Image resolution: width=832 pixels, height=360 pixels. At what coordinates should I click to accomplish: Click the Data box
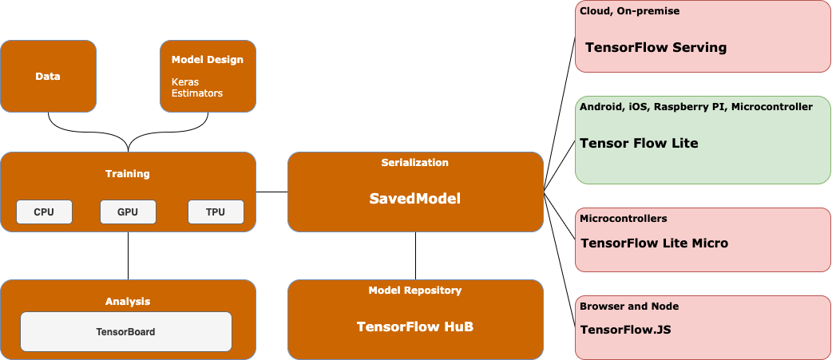coord(48,77)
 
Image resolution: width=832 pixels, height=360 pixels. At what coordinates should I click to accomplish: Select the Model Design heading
coord(207,59)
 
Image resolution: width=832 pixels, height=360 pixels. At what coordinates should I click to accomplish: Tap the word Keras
coord(185,81)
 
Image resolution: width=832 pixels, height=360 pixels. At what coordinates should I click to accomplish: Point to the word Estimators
coord(197,93)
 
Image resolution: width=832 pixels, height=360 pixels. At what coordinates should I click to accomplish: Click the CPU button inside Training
coord(44,212)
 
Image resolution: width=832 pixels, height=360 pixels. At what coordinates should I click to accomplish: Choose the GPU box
coord(128,212)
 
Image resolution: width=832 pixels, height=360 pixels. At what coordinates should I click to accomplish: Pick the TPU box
coord(216,212)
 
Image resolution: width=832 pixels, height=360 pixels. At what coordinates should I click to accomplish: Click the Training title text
coord(128,173)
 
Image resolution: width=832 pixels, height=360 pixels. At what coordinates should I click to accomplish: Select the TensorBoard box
coord(125,331)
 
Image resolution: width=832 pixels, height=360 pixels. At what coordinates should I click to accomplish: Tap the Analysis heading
coord(128,301)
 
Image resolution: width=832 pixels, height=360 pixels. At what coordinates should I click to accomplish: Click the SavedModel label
coord(415,199)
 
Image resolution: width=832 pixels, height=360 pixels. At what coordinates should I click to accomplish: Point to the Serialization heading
coord(415,162)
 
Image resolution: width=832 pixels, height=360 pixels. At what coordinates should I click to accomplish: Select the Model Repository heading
coord(415,290)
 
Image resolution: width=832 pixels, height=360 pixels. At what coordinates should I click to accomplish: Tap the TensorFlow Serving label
coord(656,47)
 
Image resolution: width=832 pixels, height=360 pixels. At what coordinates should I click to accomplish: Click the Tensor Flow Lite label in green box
coord(639,144)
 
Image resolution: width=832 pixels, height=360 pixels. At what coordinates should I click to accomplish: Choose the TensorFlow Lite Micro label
coord(654,243)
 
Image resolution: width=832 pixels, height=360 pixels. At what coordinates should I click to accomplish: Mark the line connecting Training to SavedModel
coord(271,192)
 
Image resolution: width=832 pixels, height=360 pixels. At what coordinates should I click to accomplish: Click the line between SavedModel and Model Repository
coord(415,255)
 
